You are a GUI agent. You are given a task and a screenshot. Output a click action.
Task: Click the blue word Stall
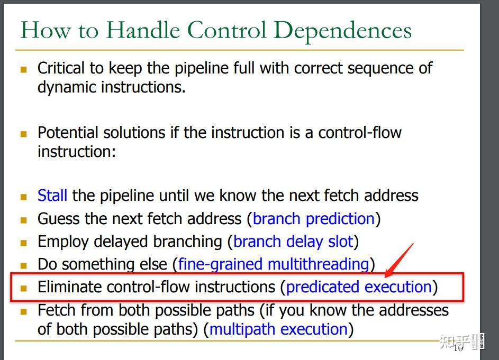52,196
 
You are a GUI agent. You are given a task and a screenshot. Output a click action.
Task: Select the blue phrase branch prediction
314,219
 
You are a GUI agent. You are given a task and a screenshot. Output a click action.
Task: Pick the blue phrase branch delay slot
293,242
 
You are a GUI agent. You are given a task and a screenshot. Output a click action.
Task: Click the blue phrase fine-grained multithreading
273,264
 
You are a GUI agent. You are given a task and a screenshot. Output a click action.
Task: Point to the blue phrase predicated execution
359,287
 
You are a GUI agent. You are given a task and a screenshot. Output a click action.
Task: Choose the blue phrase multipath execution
278,329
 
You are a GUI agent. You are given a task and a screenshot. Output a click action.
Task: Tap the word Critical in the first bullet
60,68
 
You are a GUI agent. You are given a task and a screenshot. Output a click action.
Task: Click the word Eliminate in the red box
69,287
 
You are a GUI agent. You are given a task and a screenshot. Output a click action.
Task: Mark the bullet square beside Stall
23,197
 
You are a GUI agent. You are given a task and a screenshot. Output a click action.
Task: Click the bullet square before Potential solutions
23,134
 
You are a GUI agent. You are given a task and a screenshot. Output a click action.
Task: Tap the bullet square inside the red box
23,289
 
